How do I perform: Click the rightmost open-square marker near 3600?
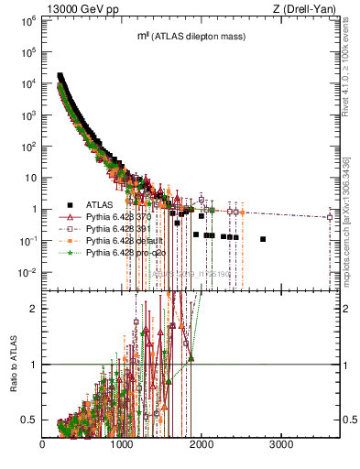(329, 217)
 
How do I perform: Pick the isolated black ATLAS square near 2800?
(263, 239)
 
